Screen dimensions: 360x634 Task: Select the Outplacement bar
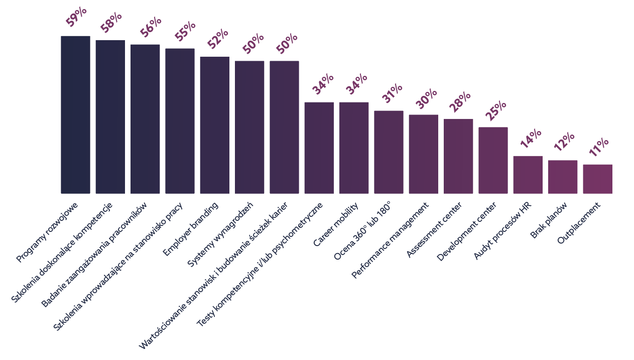[x=597, y=179]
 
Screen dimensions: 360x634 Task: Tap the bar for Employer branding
[x=214, y=125]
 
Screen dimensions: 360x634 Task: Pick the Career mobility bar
[x=353, y=148]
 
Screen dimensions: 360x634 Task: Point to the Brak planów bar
[x=562, y=177]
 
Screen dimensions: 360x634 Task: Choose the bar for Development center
[x=493, y=160]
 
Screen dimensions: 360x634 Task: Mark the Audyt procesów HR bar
[x=528, y=175]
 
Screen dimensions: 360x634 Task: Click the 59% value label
[x=76, y=18]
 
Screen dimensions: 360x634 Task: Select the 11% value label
[x=598, y=148]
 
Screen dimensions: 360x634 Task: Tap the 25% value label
[x=494, y=110]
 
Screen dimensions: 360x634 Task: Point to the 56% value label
[x=151, y=27]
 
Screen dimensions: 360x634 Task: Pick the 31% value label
[x=392, y=93]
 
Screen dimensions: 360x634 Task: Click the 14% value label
[x=530, y=139]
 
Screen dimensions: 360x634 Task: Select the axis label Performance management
[x=390, y=241]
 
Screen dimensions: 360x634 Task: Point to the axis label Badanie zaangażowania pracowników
[x=94, y=256]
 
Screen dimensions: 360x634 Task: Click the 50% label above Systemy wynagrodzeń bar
[x=253, y=44]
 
